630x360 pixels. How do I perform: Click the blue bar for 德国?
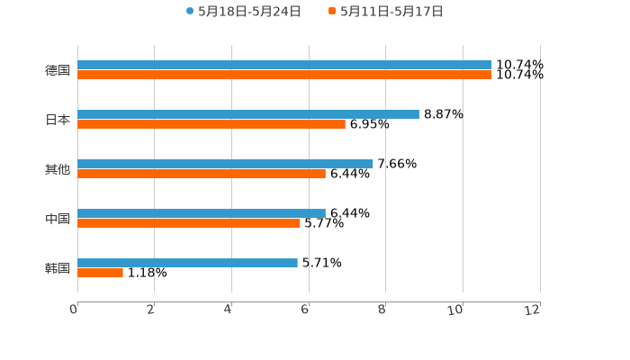284,65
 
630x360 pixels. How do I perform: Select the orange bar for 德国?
284,75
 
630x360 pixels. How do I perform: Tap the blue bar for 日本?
248,114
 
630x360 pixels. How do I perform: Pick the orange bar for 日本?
211,124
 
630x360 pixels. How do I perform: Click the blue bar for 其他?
225,164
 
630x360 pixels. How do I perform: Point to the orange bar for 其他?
202,174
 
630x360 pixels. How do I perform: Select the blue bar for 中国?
202,213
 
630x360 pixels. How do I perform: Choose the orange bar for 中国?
189,223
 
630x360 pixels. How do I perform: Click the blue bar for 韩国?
187,263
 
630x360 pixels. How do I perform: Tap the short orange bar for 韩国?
100,273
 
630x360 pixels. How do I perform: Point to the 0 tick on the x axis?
74,310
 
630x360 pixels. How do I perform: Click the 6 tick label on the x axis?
305,310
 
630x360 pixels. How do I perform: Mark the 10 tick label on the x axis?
456,310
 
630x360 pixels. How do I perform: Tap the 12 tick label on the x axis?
533,310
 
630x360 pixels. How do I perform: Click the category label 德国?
58,70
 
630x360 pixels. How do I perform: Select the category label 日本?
58,120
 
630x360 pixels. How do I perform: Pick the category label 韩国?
58,268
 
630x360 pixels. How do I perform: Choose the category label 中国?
58,219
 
